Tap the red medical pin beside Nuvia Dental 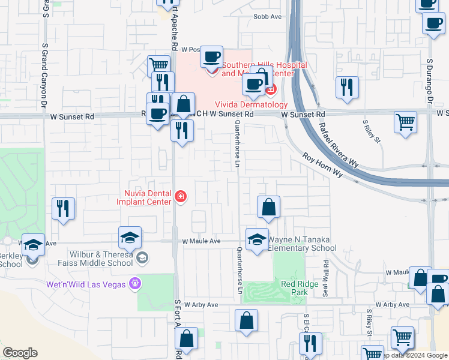(x=180, y=197)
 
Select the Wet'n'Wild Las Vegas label (x=87, y=284)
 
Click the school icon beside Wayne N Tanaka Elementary (x=257, y=238)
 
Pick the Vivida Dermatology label (x=247, y=104)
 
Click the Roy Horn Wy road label (x=322, y=165)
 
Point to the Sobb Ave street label (x=267, y=17)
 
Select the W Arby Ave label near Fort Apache (x=201, y=305)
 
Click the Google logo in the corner (x=20, y=353)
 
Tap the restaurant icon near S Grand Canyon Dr (x=63, y=208)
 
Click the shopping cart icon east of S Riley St (x=406, y=122)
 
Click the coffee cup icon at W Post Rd (x=211, y=57)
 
